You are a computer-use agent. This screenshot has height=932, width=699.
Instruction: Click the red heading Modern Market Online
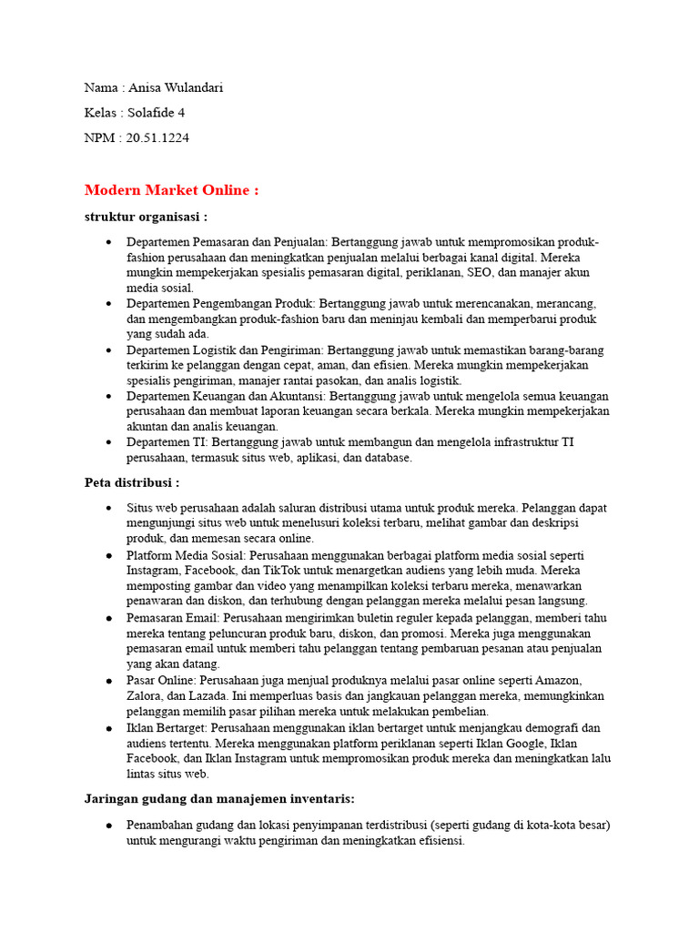tap(171, 190)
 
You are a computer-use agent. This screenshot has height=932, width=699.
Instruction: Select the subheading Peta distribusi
tap(132, 482)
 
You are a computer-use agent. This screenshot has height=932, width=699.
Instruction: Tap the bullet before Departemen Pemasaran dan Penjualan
tap(109, 244)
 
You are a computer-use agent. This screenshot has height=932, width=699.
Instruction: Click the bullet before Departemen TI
tap(109, 442)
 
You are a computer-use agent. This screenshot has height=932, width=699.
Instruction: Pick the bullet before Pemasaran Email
tap(109, 618)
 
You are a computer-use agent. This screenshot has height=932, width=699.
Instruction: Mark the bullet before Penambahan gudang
tap(109, 826)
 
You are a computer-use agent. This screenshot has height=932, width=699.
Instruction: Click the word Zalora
tap(146, 696)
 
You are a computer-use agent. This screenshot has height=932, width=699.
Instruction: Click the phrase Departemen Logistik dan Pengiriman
tap(225, 350)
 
